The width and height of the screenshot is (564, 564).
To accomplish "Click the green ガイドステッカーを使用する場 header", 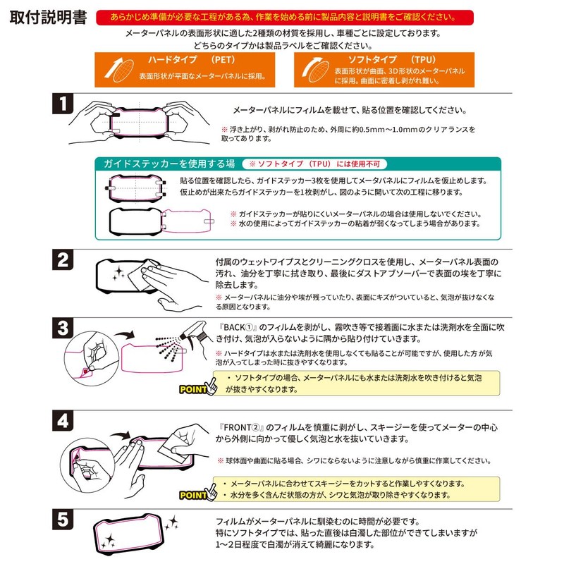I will [169, 164].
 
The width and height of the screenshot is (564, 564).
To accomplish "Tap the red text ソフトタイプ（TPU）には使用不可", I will [314, 164].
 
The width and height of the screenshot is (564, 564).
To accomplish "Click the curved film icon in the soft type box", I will [313, 69].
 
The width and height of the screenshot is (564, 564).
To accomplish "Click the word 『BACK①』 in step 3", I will [242, 327].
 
